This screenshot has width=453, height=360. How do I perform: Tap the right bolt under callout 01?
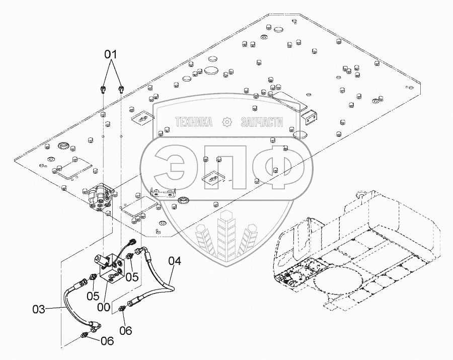coord(121,89)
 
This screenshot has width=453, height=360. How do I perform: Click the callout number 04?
coord(174,261)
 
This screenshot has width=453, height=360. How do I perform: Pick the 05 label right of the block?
coord(132,276)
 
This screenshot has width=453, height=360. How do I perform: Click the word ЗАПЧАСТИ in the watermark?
coord(262,122)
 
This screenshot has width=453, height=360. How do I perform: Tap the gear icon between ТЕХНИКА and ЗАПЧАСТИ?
coord(227,122)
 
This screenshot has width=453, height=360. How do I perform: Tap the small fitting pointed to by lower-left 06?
coord(86,334)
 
